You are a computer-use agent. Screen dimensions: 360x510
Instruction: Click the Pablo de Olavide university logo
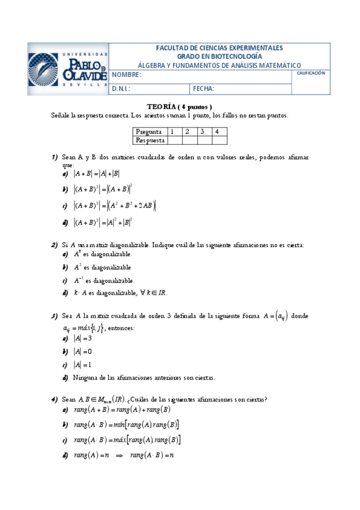point(68,69)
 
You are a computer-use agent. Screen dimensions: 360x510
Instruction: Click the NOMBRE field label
point(126,75)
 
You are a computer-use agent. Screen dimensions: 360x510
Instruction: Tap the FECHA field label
point(204,88)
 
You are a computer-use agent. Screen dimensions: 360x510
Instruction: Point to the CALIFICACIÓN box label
point(311,73)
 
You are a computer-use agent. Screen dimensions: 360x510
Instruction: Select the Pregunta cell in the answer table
point(148,131)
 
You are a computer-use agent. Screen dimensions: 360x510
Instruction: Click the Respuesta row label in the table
point(150,140)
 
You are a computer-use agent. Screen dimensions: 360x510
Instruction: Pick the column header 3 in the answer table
point(203,131)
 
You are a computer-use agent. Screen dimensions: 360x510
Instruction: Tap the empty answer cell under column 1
point(174,140)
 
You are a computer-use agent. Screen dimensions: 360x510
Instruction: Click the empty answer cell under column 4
point(219,140)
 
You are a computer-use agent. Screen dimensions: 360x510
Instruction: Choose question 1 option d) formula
point(103,222)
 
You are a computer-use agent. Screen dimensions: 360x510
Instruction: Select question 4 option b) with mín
point(126,425)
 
